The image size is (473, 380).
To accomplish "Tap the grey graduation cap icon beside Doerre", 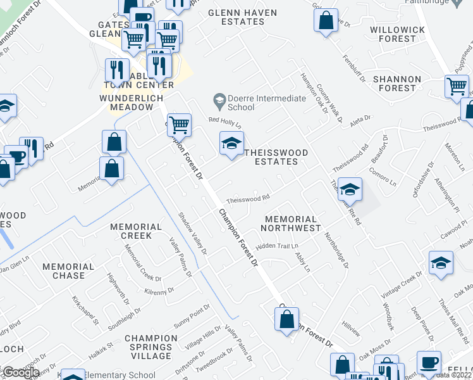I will click(219, 99).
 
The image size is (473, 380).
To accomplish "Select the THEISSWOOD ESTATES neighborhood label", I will click(271, 157).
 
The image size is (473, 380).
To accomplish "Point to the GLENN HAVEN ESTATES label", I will click(235, 16).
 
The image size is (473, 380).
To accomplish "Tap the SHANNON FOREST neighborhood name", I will click(396, 84).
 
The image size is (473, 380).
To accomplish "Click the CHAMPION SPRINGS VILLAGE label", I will click(156, 347).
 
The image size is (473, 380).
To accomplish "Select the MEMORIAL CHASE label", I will click(63, 271).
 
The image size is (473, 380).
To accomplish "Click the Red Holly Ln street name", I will click(225, 122).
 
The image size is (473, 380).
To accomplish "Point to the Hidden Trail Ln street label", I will click(277, 245).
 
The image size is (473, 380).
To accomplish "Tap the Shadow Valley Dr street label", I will click(193, 233).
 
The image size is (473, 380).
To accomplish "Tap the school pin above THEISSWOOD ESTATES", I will click(231, 144).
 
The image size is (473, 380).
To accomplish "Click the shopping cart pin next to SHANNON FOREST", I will click(456, 87).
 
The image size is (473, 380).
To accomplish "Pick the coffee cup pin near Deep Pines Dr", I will click(429, 363).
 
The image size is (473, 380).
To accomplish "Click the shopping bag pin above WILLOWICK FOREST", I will click(325, 20).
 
